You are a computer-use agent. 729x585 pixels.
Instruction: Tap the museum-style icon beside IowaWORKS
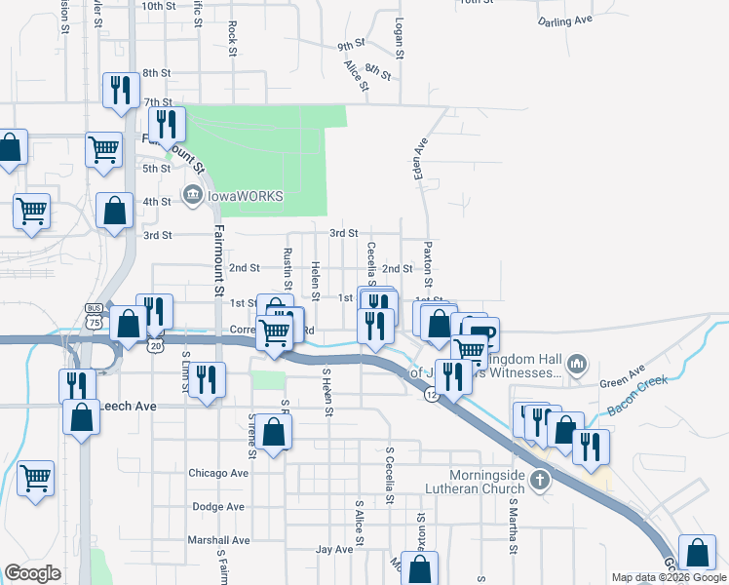pos(192,196)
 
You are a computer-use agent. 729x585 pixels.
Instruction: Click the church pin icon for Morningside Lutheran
pos(540,480)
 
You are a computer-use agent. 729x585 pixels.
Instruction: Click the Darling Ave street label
pos(565,19)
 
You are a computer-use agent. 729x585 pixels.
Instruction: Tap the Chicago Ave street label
pos(219,473)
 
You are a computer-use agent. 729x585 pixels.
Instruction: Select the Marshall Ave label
pos(219,540)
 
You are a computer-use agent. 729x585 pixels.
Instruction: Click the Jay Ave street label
pos(333,550)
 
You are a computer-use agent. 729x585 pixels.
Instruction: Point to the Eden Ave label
pos(421,158)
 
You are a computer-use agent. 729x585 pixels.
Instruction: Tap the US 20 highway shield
pos(156,345)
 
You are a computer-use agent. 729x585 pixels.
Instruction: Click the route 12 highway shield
pos(430,394)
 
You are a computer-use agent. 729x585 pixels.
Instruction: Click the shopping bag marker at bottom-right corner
pos(698,553)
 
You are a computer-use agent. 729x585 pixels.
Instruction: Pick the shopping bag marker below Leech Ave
pos(81,417)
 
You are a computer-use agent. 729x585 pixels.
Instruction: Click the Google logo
pos(32,573)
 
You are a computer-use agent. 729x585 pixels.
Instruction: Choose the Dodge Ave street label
pos(218,507)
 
